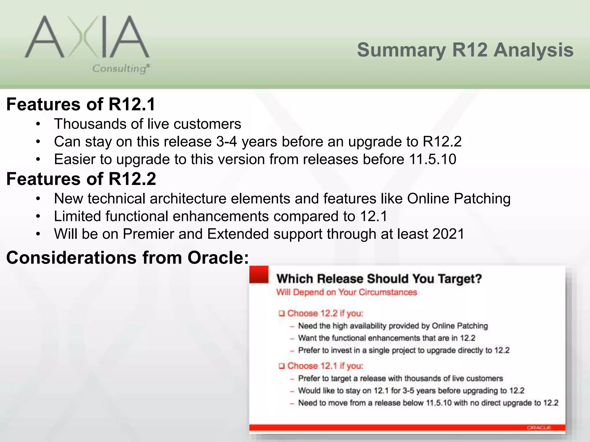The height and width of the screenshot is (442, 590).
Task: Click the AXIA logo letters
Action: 86,37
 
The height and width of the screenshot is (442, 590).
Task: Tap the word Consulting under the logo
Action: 120,68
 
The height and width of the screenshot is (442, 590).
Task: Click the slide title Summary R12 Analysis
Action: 465,50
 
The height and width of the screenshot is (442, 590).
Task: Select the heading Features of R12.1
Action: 81,104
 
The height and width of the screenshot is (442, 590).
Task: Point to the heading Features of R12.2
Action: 81,179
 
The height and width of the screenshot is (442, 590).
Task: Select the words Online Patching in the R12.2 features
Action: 459,199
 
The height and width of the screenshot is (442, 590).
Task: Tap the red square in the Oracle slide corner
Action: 259,275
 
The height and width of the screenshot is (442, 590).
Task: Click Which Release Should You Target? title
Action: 379,279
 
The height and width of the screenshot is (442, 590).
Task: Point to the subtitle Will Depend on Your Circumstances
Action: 347,292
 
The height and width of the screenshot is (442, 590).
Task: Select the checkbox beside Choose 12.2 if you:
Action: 281,313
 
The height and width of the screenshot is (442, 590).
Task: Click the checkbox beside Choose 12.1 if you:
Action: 281,366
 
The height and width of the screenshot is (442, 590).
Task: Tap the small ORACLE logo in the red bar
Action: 539,428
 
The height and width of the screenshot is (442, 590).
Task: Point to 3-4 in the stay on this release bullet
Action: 226,142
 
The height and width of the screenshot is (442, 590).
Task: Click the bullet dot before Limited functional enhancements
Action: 38,217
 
